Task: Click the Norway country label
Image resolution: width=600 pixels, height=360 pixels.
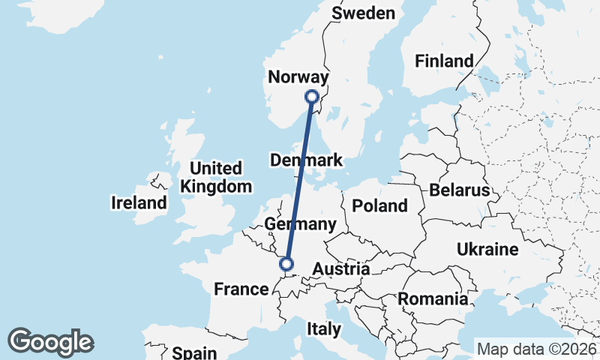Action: (298, 78)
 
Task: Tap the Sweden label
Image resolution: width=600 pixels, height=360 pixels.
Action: (363, 13)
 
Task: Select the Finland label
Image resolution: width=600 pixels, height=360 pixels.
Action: (445, 61)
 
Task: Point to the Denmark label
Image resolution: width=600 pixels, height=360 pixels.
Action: (306, 160)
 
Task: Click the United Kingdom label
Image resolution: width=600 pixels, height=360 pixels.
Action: (216, 177)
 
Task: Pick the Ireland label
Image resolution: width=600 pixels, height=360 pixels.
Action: (139, 202)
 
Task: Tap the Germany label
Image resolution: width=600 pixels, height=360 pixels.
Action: (300, 224)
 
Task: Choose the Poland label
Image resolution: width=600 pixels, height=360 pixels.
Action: (379, 205)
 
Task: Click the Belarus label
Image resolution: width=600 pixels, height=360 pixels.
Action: (459, 190)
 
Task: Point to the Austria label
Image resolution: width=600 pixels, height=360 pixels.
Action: (341, 269)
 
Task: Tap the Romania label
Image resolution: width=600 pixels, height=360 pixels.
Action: (433, 299)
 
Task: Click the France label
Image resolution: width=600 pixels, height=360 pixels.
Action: (241, 289)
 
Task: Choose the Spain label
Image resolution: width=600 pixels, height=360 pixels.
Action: (194, 352)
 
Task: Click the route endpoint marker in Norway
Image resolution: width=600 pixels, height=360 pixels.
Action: (312, 97)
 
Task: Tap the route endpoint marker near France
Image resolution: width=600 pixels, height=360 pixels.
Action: (285, 263)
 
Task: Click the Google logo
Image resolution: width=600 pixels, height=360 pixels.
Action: (51, 342)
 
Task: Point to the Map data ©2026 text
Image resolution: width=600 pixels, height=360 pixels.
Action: (536, 349)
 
